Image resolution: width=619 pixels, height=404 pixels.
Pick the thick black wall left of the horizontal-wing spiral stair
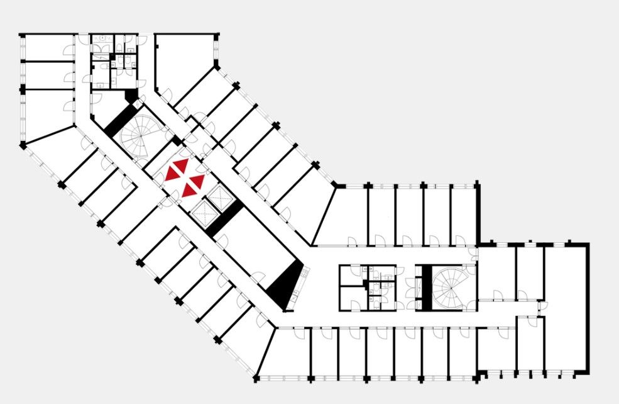point(426,286)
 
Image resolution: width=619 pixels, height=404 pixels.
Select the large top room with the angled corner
point(179,60)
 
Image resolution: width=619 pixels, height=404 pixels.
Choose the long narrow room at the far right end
point(566,308)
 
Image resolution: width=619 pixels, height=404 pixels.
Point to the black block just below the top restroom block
point(131,95)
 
